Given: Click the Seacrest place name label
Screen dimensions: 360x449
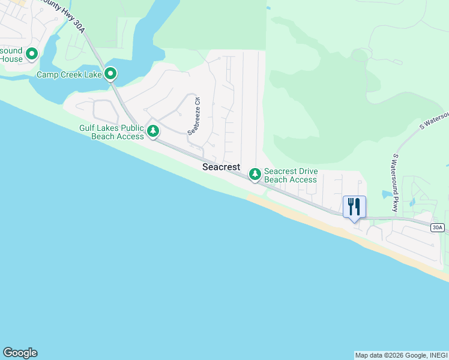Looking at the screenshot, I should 221,167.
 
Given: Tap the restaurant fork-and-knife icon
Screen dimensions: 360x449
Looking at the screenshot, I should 354,207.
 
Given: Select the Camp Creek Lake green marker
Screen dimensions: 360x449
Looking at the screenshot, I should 110,74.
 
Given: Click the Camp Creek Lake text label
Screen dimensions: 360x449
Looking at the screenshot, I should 69,75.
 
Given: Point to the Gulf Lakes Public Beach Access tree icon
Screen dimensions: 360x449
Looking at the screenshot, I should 153,130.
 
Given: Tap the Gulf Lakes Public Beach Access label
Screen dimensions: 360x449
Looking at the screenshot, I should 112,132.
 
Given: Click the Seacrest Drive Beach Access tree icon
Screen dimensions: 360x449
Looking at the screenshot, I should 255,174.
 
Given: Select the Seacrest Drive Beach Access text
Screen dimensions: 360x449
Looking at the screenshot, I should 291,175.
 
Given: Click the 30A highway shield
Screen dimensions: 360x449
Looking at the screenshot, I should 438,227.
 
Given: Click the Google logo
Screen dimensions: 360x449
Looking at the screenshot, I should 20,353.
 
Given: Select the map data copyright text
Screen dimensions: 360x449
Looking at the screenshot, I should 401,355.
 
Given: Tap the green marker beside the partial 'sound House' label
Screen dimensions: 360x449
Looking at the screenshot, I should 31,54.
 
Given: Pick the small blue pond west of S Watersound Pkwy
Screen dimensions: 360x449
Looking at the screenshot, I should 386,194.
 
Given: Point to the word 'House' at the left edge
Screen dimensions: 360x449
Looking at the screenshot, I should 11,59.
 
